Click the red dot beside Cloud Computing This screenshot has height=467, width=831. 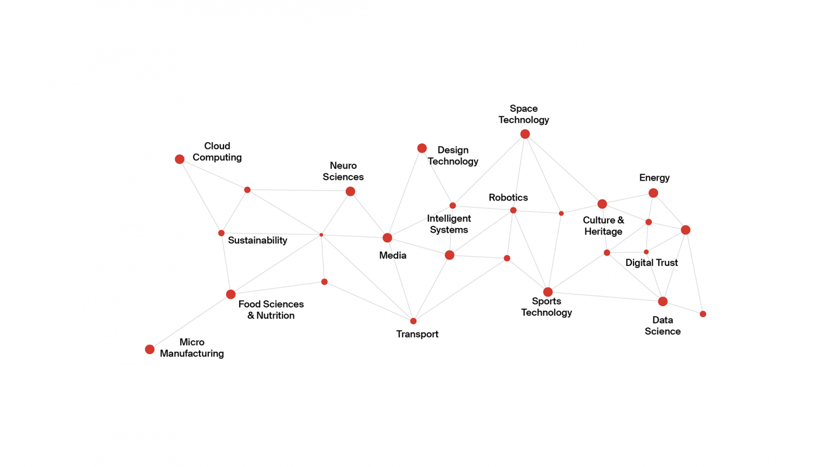point(180,159)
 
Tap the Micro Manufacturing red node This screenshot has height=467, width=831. point(150,350)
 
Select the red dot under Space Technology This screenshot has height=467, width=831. point(525,134)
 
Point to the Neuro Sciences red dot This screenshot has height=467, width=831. point(351,191)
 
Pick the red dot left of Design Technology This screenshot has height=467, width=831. point(422,148)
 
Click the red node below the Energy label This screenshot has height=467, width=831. point(654,193)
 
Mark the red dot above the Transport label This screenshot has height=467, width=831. point(413,321)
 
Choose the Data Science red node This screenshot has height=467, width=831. point(663,301)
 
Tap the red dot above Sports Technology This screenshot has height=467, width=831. point(548,292)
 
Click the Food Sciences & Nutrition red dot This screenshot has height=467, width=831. point(231,295)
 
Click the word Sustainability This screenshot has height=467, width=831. point(258,241)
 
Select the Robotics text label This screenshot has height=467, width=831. point(508,198)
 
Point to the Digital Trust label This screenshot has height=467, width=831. point(651,263)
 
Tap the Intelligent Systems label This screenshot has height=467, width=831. point(449,224)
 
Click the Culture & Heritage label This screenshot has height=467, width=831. point(603,226)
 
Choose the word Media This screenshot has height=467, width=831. point(393,256)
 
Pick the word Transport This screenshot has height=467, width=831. point(417,334)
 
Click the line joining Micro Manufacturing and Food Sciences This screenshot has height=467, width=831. point(190,322)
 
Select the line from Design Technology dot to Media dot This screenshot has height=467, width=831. point(405,193)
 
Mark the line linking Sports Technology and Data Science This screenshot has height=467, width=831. point(605,296)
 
